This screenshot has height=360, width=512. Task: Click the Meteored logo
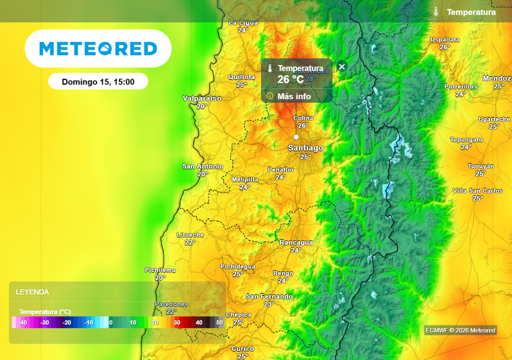click(98, 48)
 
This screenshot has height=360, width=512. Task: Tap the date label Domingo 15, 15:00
click(98, 81)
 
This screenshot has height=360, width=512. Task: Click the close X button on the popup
click(342, 66)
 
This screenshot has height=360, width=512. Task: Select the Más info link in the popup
click(294, 96)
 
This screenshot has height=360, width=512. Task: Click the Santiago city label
click(305, 148)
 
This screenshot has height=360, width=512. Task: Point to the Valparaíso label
click(202, 98)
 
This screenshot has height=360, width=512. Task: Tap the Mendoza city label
click(497, 78)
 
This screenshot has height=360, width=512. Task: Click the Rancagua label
click(296, 242)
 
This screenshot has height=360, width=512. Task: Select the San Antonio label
click(202, 166)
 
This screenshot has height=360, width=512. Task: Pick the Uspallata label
click(444, 39)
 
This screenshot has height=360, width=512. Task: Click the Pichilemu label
click(160, 270)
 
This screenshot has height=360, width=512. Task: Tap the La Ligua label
click(243, 22)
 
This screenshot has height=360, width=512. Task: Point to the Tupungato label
click(466, 139)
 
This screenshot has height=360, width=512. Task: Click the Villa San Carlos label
click(477, 190)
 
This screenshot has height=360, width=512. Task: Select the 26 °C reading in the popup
click(290, 79)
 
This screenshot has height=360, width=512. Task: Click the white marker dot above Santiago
click(296, 137)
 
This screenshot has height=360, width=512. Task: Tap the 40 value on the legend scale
click(199, 322)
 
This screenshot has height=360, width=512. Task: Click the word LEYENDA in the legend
click(32, 292)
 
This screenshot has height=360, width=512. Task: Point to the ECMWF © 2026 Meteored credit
click(460, 330)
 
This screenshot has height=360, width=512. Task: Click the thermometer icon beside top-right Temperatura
click(436, 11)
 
